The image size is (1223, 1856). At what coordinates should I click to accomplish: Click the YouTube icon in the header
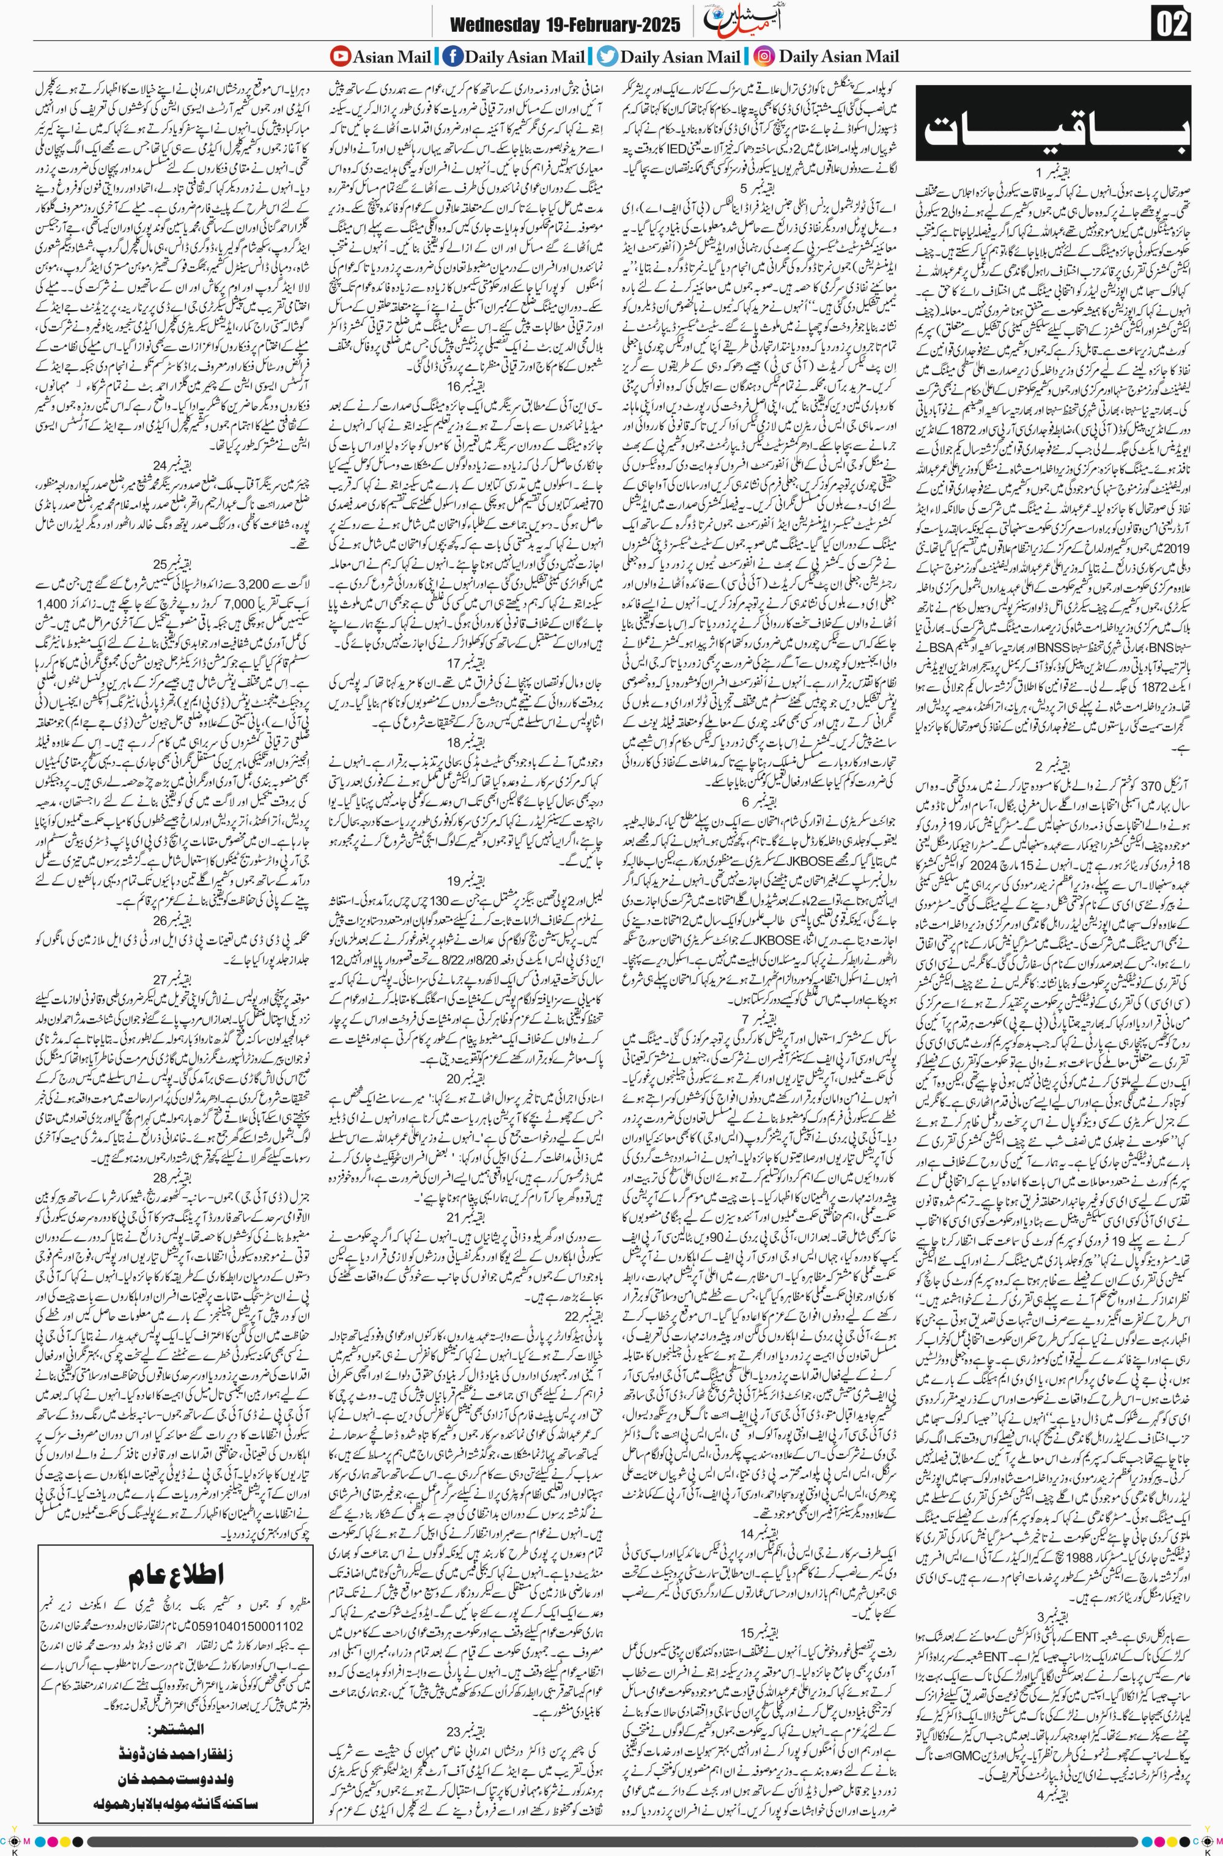[340, 56]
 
